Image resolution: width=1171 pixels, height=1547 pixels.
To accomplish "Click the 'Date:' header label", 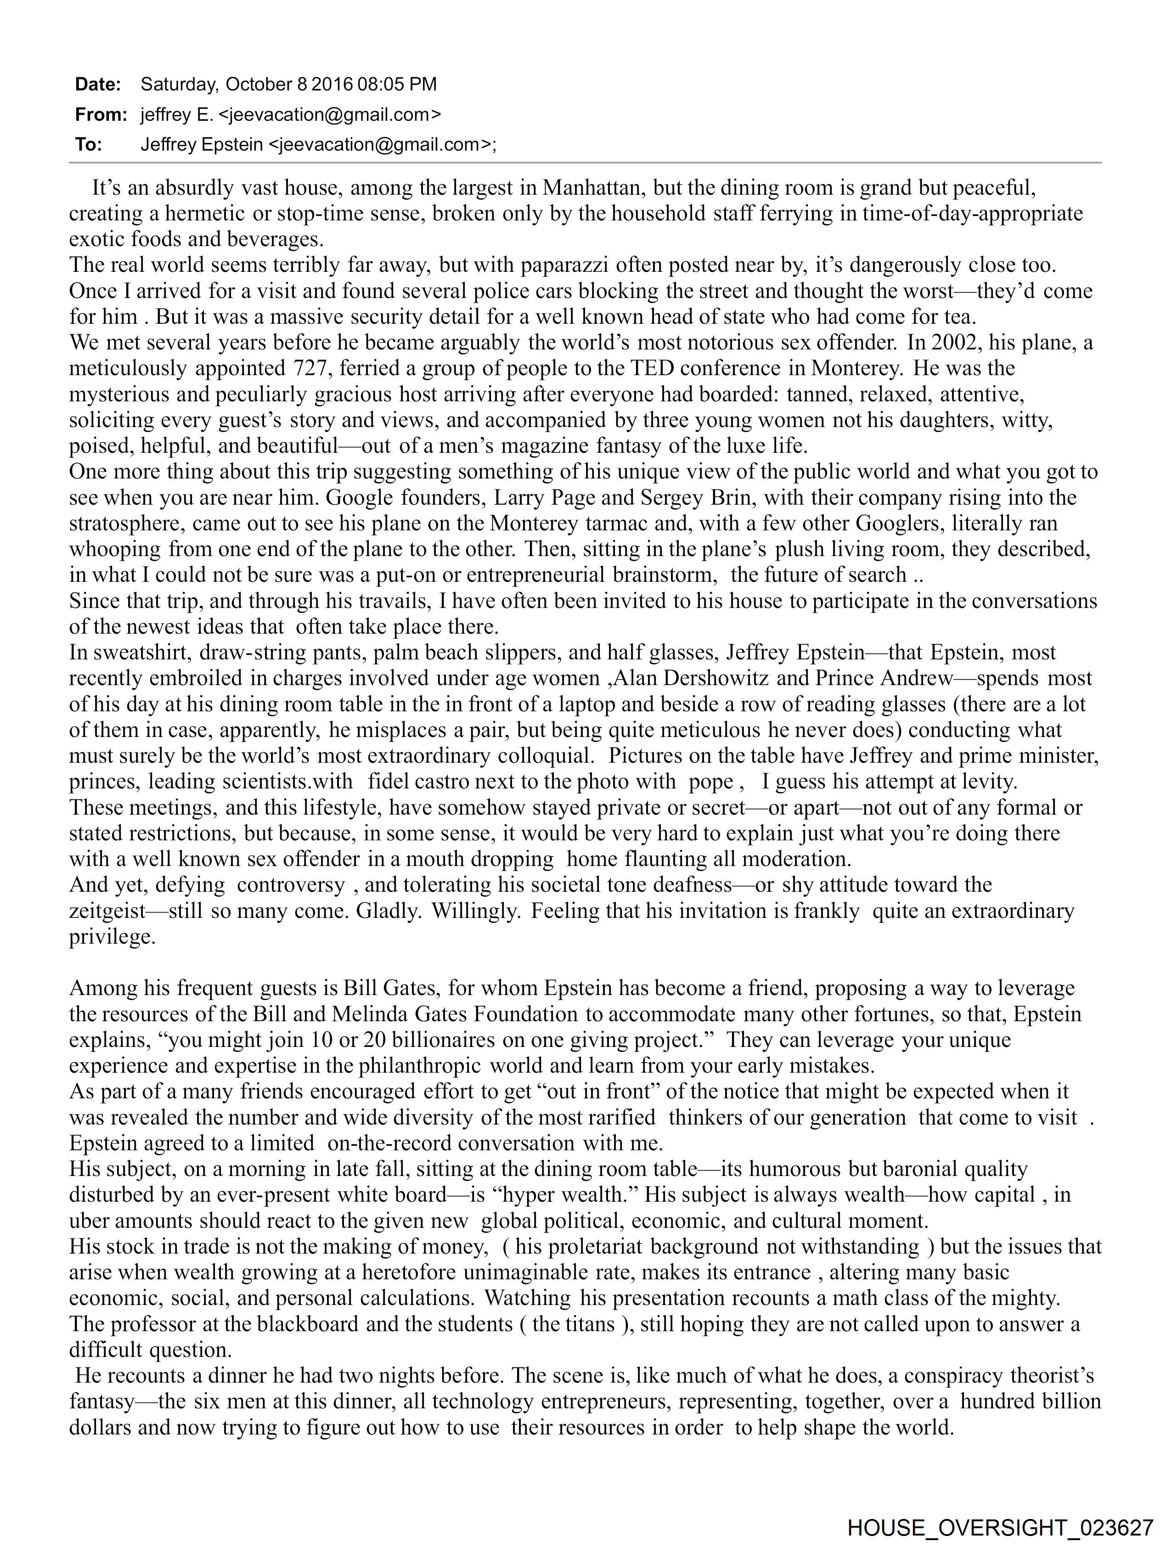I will tap(98, 84).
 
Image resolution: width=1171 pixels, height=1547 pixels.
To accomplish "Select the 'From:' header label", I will tap(101, 115).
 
